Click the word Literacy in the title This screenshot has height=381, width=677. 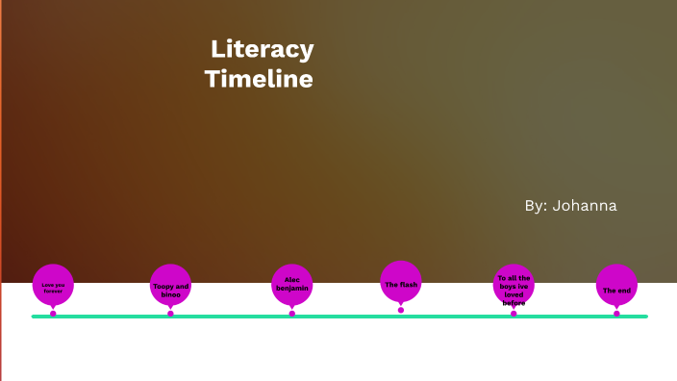[x=262, y=49]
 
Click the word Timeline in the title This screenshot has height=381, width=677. [x=259, y=79]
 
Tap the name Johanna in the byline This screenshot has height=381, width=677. [x=585, y=205]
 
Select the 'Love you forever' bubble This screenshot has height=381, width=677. [x=53, y=285]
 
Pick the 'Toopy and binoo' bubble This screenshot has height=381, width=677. [x=171, y=286]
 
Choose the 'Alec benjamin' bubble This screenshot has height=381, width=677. [x=292, y=285]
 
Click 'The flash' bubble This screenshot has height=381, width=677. [x=401, y=283]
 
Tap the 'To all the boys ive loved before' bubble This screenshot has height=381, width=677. [x=514, y=285]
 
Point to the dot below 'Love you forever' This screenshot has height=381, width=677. [x=53, y=314]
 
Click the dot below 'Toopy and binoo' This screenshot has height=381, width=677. [x=170, y=314]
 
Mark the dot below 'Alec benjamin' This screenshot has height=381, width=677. [x=292, y=314]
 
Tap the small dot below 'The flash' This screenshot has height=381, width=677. [x=401, y=310]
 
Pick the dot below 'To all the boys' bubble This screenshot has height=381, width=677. [x=514, y=314]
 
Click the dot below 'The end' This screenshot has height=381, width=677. [x=616, y=314]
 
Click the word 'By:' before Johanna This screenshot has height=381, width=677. [x=536, y=205]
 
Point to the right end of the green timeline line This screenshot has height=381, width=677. [x=645, y=317]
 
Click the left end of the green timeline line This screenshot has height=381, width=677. [x=35, y=317]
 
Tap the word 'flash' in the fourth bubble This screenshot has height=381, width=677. [x=408, y=285]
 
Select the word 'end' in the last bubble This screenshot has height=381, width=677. [x=624, y=291]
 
